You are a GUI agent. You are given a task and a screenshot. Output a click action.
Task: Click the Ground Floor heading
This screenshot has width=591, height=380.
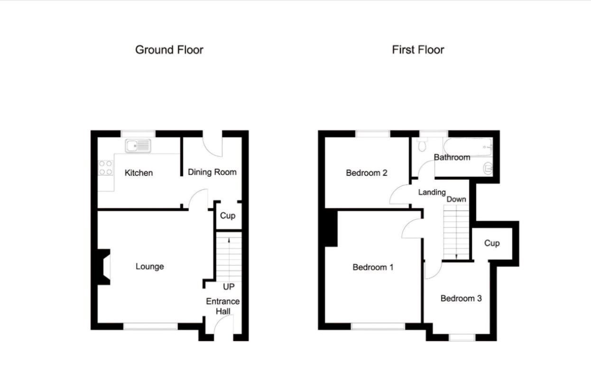169,50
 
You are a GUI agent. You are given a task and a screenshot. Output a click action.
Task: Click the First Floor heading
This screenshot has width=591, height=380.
418,50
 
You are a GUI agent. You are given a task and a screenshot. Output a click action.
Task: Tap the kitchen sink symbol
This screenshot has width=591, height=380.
138,146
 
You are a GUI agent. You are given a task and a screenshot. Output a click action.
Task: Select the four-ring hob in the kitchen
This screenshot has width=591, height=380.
105,168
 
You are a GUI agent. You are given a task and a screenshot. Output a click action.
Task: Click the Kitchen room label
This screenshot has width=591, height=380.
139,173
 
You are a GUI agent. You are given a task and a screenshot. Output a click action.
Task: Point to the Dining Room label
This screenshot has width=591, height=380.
212,172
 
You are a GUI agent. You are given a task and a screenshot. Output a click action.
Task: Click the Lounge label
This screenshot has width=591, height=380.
149,266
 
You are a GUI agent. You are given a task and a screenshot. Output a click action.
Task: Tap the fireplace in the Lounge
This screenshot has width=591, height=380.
104,267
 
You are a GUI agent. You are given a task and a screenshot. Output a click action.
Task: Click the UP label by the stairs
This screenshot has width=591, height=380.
229,287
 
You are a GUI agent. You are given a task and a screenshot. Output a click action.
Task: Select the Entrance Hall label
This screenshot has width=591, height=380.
222,306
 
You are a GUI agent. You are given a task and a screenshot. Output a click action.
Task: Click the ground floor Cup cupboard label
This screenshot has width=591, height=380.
227,216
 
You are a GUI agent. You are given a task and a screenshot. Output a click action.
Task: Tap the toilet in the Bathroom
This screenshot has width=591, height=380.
422,145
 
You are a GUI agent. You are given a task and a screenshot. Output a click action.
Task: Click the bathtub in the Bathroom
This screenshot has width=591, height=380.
468,147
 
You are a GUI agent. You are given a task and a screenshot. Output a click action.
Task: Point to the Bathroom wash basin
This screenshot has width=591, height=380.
488,168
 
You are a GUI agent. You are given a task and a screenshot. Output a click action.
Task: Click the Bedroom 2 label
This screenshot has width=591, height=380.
367,173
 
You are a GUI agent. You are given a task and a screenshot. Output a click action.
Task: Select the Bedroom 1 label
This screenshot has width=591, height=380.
373,267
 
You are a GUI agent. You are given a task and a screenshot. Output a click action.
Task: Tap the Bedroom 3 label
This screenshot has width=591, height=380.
461,298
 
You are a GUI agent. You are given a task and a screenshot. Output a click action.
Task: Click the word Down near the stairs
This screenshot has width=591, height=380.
456,199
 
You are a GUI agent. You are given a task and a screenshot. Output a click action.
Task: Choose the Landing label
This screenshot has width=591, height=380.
432,192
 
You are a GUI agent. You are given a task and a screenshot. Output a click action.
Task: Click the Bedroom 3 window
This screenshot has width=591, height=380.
462,337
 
